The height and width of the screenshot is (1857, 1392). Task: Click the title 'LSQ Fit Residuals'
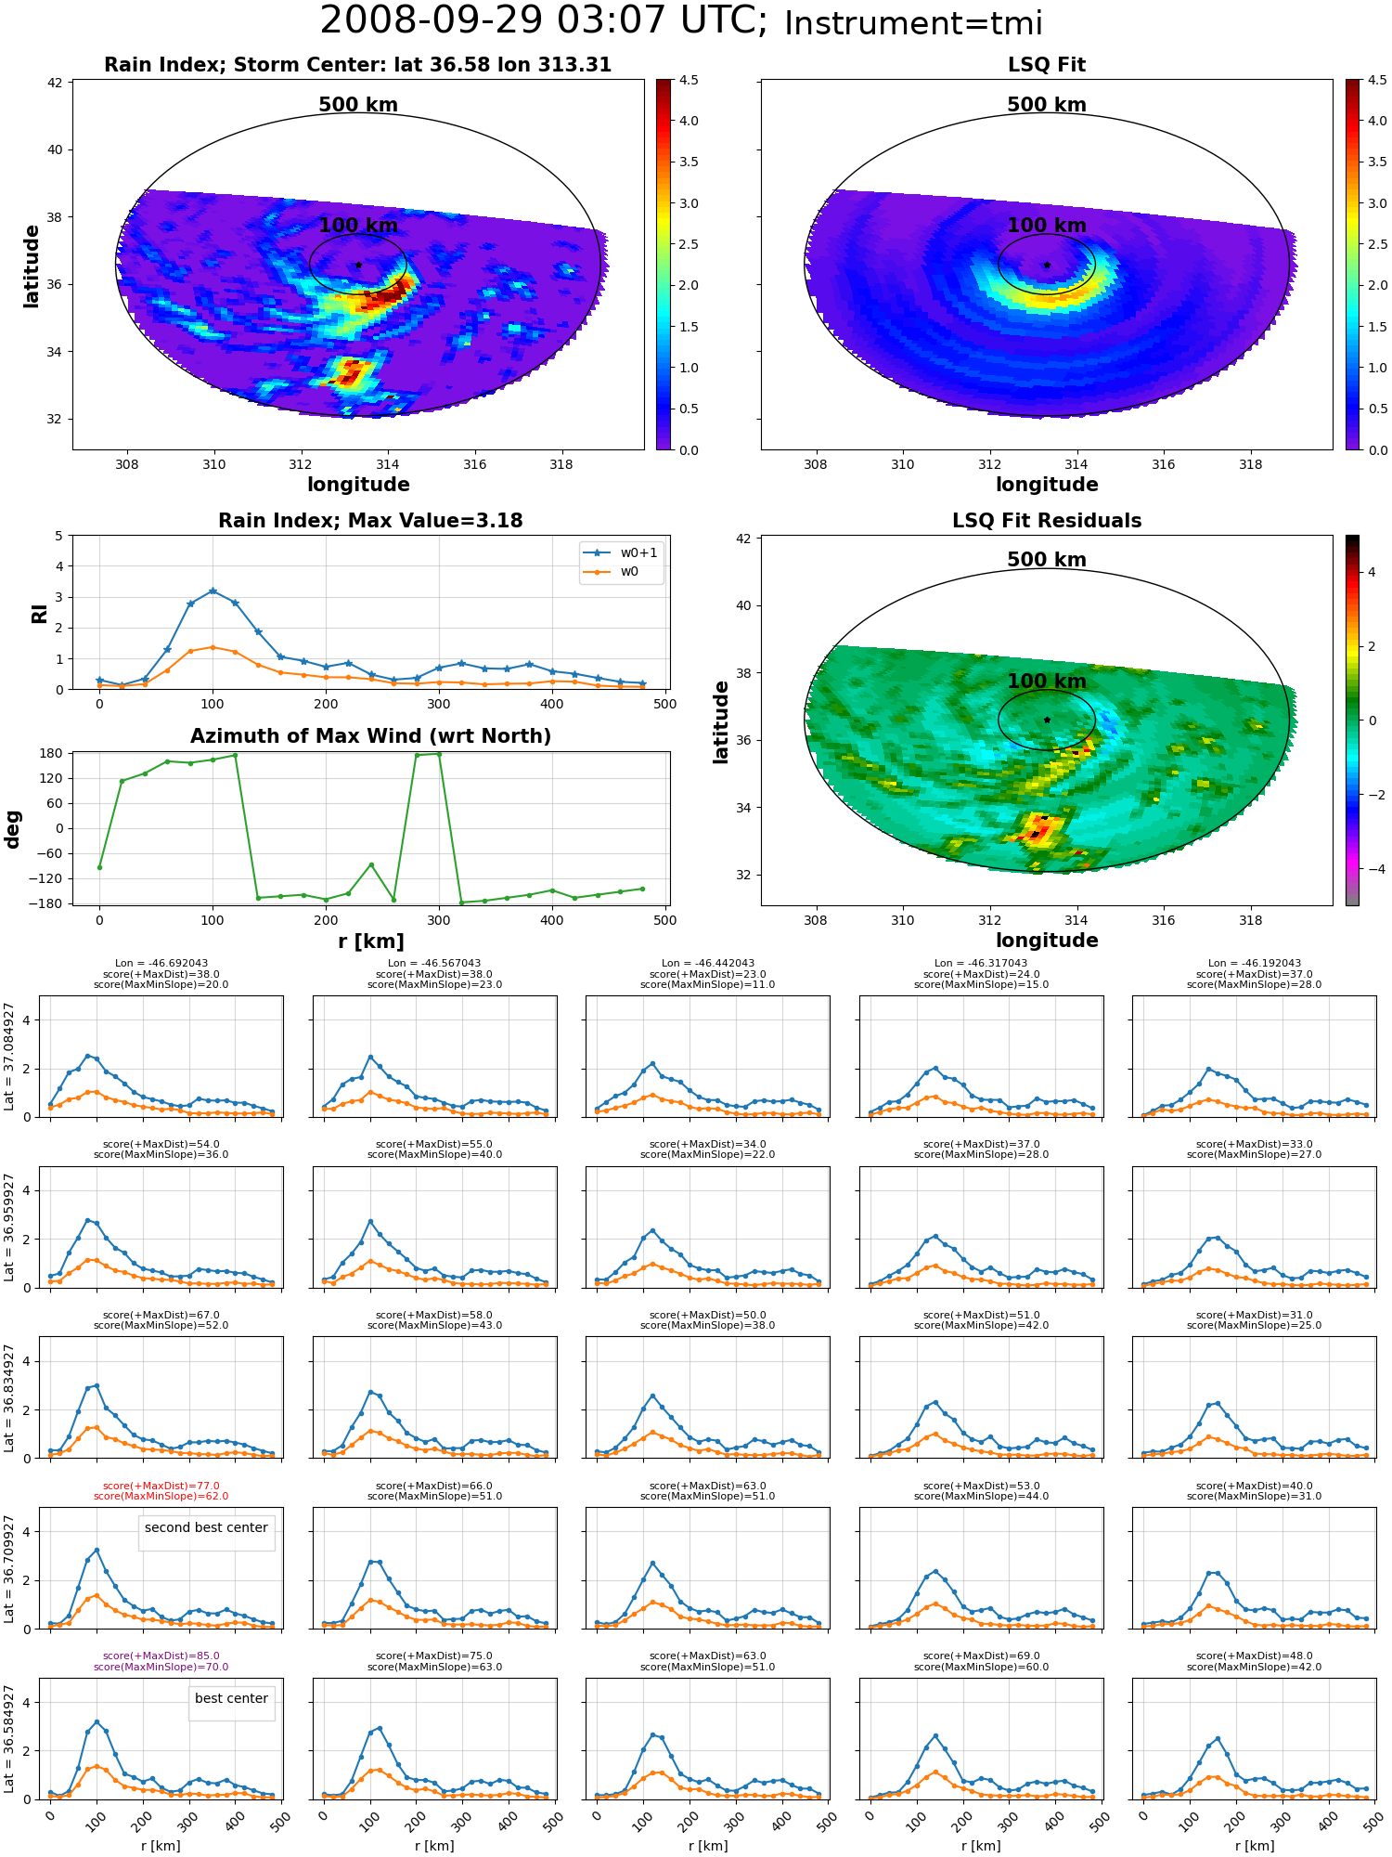click(1047, 521)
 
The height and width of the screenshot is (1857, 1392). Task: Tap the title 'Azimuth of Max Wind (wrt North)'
click(370, 736)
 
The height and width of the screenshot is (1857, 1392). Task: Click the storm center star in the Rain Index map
click(358, 265)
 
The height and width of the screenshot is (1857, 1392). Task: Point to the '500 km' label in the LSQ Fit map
click(1047, 105)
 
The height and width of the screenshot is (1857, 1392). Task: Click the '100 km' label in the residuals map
click(1047, 682)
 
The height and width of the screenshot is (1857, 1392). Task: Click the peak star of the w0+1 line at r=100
click(213, 591)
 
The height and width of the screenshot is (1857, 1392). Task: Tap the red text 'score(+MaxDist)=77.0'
click(161, 1486)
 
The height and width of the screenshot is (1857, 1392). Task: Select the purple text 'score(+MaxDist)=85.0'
click(161, 1656)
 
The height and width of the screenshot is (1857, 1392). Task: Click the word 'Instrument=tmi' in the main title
click(913, 23)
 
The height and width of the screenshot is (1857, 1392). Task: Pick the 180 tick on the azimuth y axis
click(53, 753)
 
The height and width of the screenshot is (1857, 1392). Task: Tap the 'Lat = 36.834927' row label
click(9, 1397)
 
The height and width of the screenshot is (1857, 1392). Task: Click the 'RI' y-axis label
click(39, 613)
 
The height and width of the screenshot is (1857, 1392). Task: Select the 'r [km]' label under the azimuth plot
click(370, 941)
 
